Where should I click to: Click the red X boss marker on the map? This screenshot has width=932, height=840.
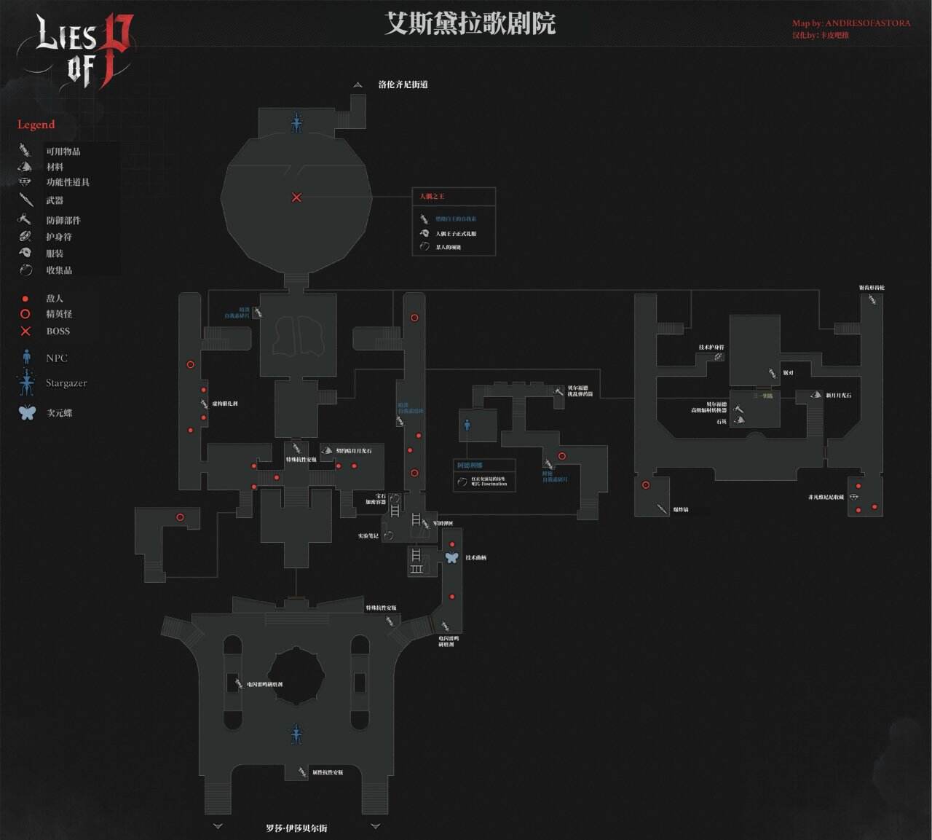(x=296, y=197)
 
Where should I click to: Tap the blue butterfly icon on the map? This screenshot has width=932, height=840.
(x=451, y=557)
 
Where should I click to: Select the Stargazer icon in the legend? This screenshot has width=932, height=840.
(x=27, y=382)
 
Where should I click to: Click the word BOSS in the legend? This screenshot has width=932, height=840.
(x=58, y=331)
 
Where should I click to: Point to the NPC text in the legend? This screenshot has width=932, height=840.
(x=57, y=358)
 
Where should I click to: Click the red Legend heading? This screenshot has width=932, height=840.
(x=36, y=125)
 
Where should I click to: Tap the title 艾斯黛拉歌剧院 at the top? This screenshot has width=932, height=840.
(x=470, y=24)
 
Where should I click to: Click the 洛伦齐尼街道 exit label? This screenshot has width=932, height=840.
(x=403, y=85)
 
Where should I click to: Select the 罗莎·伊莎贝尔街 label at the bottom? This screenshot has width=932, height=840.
(x=296, y=828)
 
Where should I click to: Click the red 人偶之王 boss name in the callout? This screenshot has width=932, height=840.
(x=432, y=197)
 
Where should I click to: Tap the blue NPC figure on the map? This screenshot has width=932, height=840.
(x=467, y=424)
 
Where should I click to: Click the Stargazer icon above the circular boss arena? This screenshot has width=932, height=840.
(x=296, y=122)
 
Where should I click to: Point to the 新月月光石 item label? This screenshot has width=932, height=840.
(x=838, y=396)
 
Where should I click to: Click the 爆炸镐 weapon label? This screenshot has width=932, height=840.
(x=680, y=509)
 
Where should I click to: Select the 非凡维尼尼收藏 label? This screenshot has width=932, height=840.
(x=826, y=498)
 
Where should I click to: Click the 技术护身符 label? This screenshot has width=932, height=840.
(x=711, y=348)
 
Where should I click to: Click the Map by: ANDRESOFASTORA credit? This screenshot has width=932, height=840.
(x=851, y=23)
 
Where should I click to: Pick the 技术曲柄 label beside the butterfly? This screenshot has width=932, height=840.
(x=475, y=558)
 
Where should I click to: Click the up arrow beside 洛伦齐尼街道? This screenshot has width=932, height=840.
(x=358, y=85)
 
